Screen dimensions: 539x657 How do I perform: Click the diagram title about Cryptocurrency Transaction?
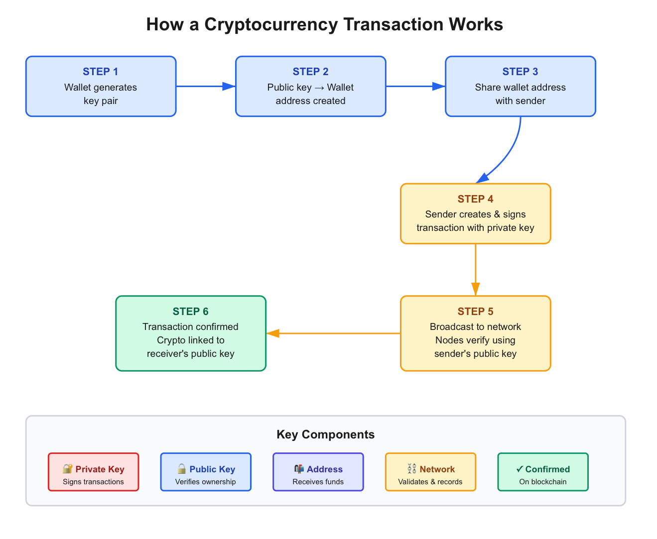tap(324, 24)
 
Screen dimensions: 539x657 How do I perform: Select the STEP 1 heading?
tap(101, 72)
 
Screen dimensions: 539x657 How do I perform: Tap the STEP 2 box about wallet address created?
tap(310, 87)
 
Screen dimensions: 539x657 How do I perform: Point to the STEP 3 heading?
tap(520, 72)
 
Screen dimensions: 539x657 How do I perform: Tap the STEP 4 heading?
tap(475, 199)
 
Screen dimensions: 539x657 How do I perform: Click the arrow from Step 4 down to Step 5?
tap(476, 269)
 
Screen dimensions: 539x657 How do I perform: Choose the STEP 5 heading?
tap(475, 312)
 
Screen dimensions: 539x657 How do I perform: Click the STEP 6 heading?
tap(190, 312)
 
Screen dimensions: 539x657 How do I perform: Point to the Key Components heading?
tap(325, 434)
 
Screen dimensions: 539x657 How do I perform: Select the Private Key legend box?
tap(93, 472)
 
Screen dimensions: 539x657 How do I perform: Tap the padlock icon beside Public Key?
tap(182, 469)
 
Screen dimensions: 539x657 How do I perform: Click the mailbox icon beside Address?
tap(299, 469)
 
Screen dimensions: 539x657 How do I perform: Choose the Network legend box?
tap(430, 472)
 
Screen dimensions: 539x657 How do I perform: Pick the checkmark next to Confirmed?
tap(520, 469)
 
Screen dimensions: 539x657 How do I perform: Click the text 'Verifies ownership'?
tap(205, 482)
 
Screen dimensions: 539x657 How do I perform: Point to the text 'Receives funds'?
tap(318, 482)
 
